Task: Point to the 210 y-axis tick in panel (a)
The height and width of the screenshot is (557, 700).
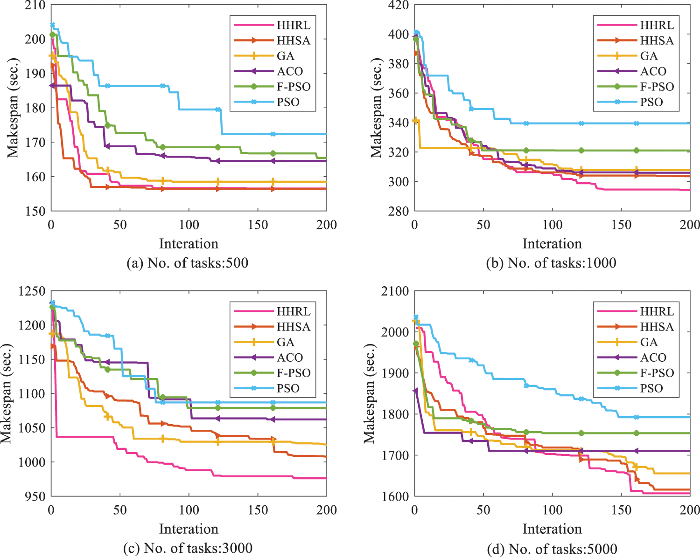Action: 35,6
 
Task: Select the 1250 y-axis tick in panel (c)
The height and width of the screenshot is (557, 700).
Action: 32,291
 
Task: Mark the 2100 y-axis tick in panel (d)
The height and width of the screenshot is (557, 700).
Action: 395,291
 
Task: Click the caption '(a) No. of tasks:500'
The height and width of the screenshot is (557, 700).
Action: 188,263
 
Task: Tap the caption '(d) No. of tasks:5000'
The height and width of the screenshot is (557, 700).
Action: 552,549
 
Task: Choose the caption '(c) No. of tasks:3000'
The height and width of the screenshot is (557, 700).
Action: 188,549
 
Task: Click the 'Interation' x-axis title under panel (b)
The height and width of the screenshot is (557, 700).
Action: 552,244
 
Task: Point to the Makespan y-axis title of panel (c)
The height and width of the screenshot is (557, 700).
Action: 6,394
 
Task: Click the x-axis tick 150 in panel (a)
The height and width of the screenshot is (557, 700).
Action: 258,225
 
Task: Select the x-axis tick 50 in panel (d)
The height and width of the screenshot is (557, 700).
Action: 483,510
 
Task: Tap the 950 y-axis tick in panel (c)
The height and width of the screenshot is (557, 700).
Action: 35,496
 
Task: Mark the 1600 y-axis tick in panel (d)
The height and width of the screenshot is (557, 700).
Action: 395,496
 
